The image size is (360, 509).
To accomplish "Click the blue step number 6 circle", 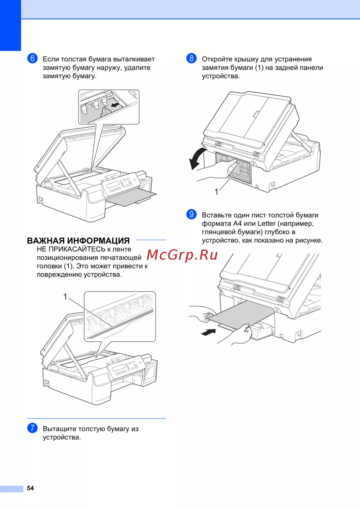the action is click(x=32, y=58).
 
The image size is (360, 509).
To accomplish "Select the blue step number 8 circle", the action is click(x=191, y=58).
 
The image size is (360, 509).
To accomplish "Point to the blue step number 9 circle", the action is click(x=191, y=214).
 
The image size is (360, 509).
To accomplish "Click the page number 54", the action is click(x=30, y=488).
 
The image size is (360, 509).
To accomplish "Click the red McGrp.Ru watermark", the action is click(x=182, y=255).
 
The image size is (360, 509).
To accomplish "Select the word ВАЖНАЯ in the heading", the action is click(x=46, y=241).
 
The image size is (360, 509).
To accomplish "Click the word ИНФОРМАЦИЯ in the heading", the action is click(x=99, y=241).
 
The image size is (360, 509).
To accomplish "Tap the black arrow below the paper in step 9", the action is click(x=208, y=332).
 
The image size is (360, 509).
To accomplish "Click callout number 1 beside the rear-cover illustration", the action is click(x=216, y=192).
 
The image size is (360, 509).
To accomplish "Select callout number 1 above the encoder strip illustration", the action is click(x=65, y=296).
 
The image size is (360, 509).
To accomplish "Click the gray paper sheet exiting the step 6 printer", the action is click(x=131, y=196).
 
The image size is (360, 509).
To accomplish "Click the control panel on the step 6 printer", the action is click(x=120, y=184).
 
